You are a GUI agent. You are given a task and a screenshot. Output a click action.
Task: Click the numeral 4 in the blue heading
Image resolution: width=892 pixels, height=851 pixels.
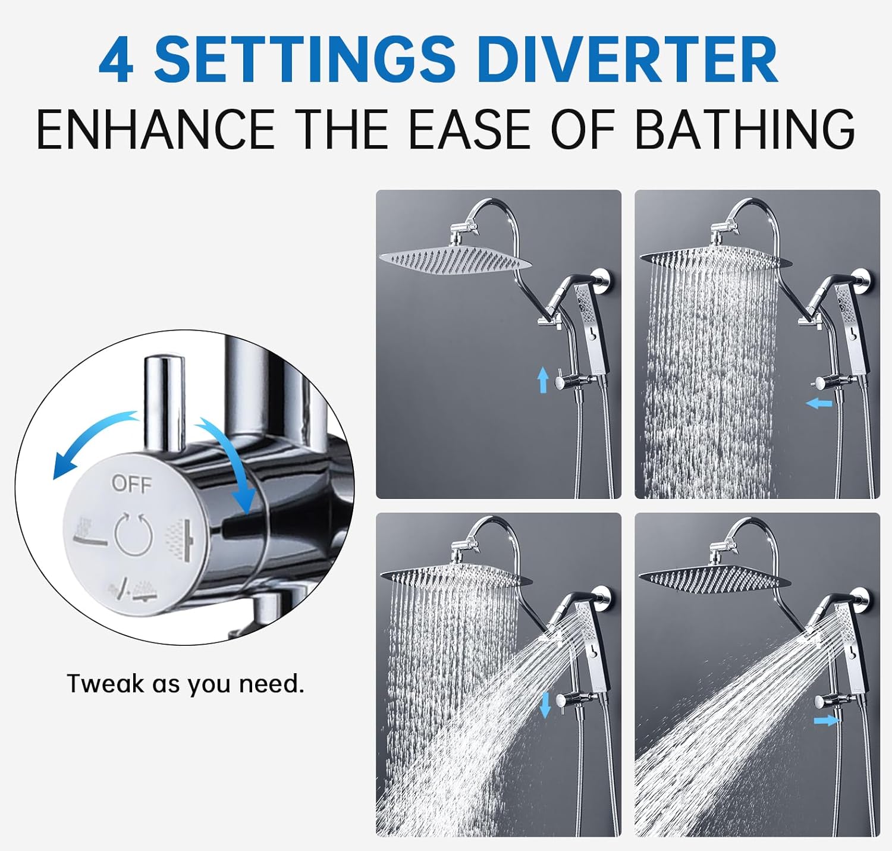tap(116, 60)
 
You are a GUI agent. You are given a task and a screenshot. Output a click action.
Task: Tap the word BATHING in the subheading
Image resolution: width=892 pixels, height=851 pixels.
tap(745, 129)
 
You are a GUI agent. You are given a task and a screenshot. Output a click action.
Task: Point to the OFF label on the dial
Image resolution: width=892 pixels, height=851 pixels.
tap(131, 485)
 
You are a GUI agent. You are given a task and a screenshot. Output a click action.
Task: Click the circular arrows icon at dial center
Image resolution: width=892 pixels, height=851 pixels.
tap(134, 535)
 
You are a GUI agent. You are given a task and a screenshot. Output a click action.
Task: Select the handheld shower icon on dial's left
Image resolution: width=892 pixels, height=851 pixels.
tap(89, 533)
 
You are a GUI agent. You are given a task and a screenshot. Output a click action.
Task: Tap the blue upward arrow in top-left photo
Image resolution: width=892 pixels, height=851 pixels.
tap(542, 379)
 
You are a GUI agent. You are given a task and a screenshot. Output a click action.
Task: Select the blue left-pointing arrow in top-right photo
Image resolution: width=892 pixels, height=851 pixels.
tap(819, 404)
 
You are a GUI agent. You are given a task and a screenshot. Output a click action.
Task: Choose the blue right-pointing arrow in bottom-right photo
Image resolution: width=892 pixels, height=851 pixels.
tap(825, 720)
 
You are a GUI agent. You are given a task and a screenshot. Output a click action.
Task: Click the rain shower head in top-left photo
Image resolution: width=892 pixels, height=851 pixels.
tap(455, 260)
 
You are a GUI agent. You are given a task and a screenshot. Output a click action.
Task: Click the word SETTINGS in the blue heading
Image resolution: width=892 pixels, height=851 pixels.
tap(304, 60)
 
